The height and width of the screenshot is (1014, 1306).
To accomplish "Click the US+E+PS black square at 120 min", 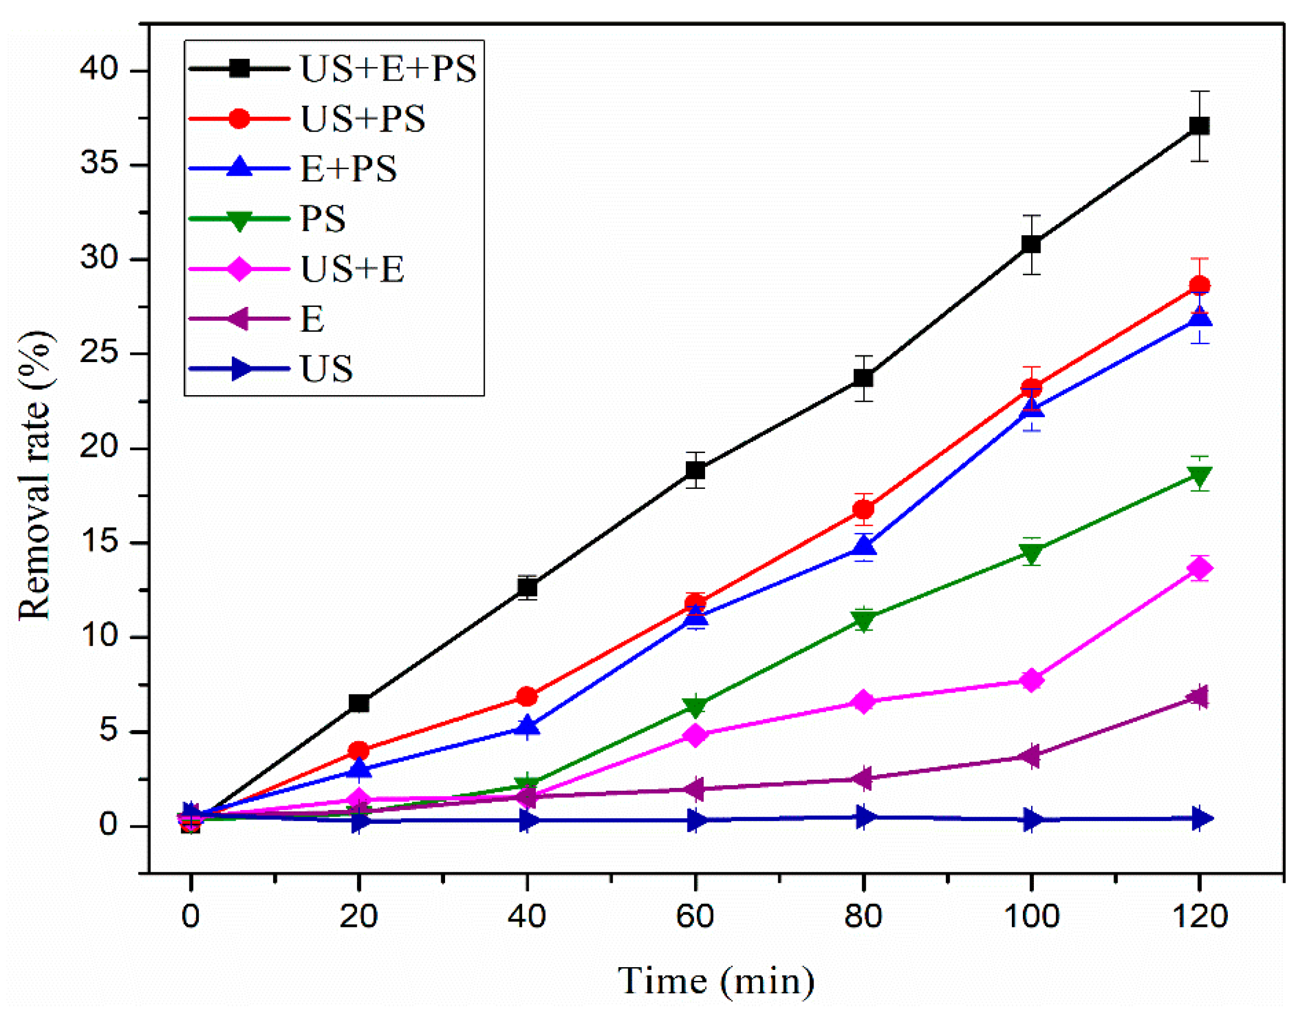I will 1199,126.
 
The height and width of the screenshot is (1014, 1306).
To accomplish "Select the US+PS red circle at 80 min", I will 863,509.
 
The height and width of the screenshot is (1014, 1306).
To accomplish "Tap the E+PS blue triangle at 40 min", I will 527,726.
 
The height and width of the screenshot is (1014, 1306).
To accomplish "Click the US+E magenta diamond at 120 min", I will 1199,568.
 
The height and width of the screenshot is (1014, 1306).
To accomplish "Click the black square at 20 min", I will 358,703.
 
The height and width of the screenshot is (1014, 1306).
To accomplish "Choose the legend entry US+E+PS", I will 387,68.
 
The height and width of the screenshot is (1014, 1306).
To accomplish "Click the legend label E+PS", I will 348,168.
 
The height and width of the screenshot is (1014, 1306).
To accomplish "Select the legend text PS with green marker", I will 323,218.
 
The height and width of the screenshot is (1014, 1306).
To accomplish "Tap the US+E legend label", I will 352,268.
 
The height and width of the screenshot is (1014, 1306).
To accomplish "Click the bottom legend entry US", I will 327,369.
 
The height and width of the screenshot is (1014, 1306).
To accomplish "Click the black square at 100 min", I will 1031,244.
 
